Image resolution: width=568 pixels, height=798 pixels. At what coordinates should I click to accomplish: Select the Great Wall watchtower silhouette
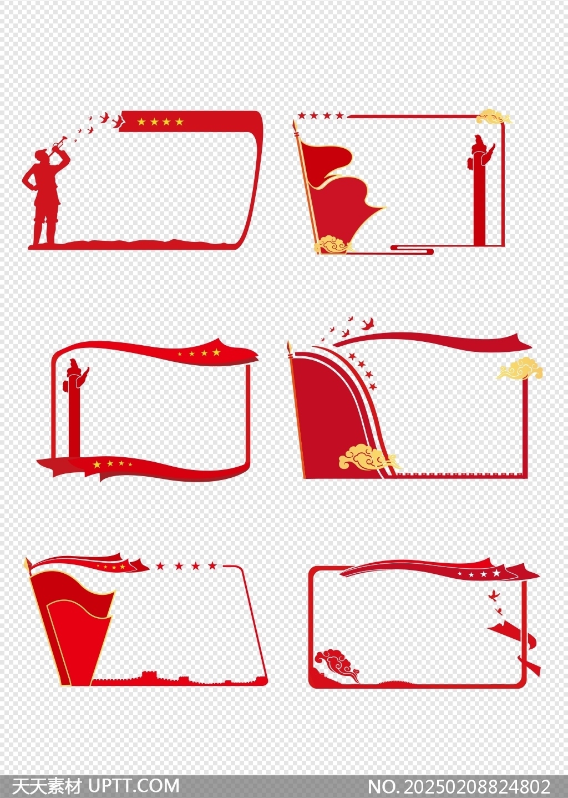click(150, 675)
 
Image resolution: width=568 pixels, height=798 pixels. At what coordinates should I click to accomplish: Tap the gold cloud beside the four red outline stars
click(494, 117)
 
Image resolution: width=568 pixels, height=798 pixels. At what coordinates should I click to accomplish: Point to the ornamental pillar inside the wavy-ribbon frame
click(74, 407)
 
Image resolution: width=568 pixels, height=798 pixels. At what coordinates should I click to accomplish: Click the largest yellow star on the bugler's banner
click(180, 122)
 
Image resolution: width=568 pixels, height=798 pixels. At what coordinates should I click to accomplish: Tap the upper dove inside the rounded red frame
click(493, 594)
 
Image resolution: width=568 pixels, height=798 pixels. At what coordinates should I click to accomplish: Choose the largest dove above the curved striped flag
click(368, 323)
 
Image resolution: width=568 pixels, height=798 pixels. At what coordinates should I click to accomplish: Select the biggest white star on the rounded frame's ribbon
click(496, 573)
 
